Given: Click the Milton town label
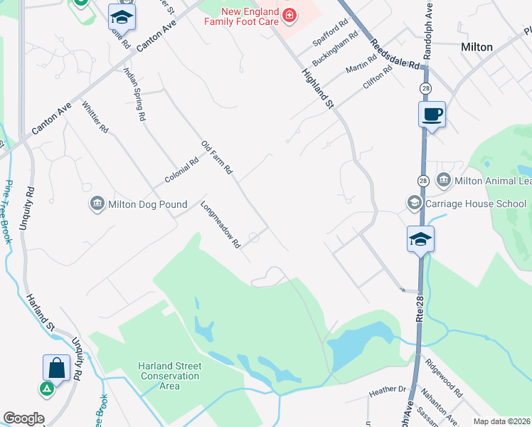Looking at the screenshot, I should [x=477, y=47].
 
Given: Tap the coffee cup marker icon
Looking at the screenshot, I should [x=432, y=114].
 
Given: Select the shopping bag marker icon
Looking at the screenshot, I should [x=56, y=368].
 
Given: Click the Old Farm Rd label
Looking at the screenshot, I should [x=217, y=157].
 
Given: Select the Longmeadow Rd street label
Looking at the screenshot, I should [x=222, y=225].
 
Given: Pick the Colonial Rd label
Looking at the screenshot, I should [x=181, y=172].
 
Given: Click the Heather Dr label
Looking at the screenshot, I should [x=387, y=391].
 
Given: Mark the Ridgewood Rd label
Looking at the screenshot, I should [x=444, y=382].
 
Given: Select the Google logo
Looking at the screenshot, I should [x=23, y=418].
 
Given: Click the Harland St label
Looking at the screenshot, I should [x=41, y=314].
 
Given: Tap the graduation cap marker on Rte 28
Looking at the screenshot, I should [x=420, y=239].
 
